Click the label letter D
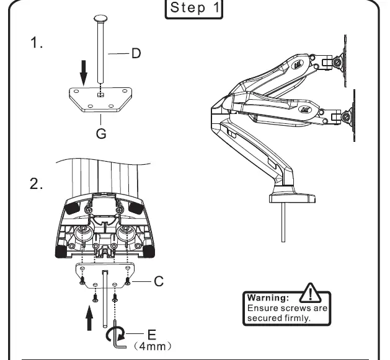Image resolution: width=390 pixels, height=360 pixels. [135, 53]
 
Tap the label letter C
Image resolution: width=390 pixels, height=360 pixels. [159, 281]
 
